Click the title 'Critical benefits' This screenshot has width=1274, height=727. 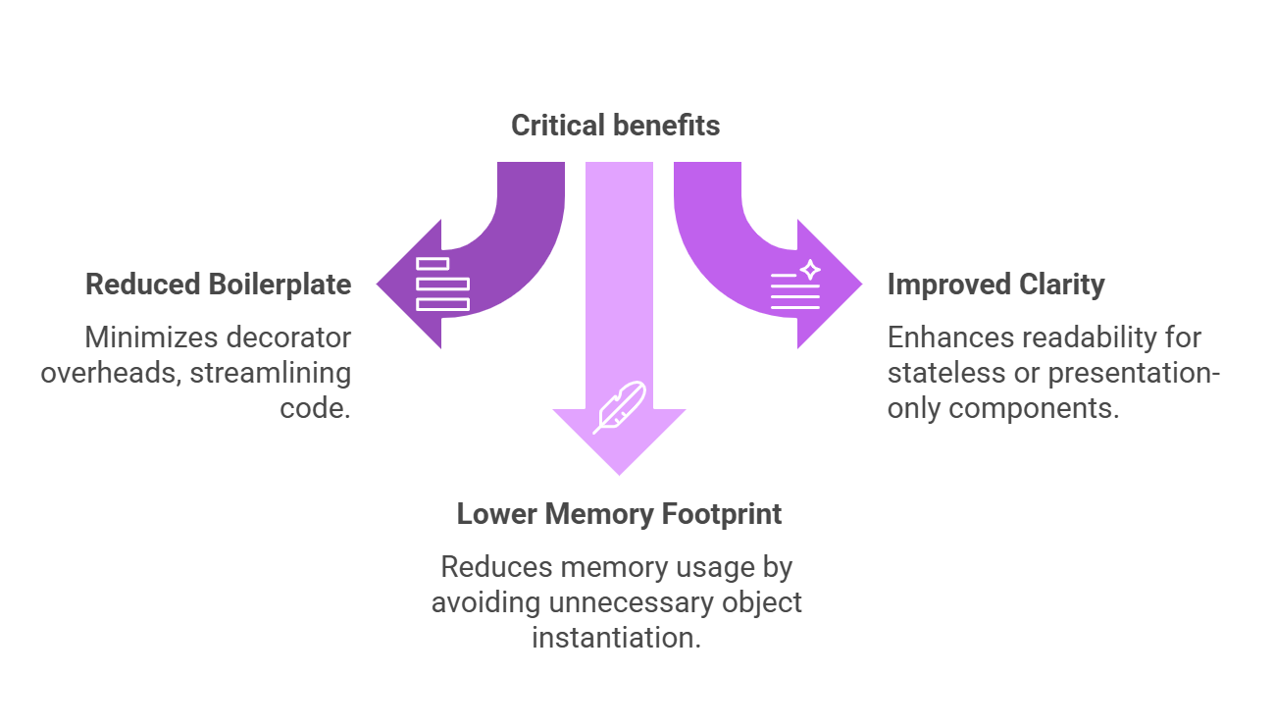[x=615, y=126]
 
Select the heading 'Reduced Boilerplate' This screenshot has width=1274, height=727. [x=219, y=285]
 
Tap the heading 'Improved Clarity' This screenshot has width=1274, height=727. [x=995, y=285]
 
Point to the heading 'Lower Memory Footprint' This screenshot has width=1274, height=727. [x=619, y=514]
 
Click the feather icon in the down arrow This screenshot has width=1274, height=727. [x=620, y=407]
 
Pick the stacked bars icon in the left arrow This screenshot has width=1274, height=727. [x=442, y=284]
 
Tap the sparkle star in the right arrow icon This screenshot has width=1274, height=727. [x=810, y=270]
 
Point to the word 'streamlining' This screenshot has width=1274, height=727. [x=270, y=374]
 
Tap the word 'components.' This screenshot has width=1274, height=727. [x=1034, y=409]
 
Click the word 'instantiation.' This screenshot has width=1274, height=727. [x=616, y=638]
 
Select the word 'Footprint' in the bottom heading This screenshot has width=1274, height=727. [x=722, y=514]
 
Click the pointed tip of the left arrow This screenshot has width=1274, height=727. [x=377, y=284]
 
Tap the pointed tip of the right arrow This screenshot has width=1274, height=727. [x=862, y=284]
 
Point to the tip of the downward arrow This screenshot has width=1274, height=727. [x=620, y=475]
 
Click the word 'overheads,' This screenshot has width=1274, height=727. [x=111, y=374]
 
